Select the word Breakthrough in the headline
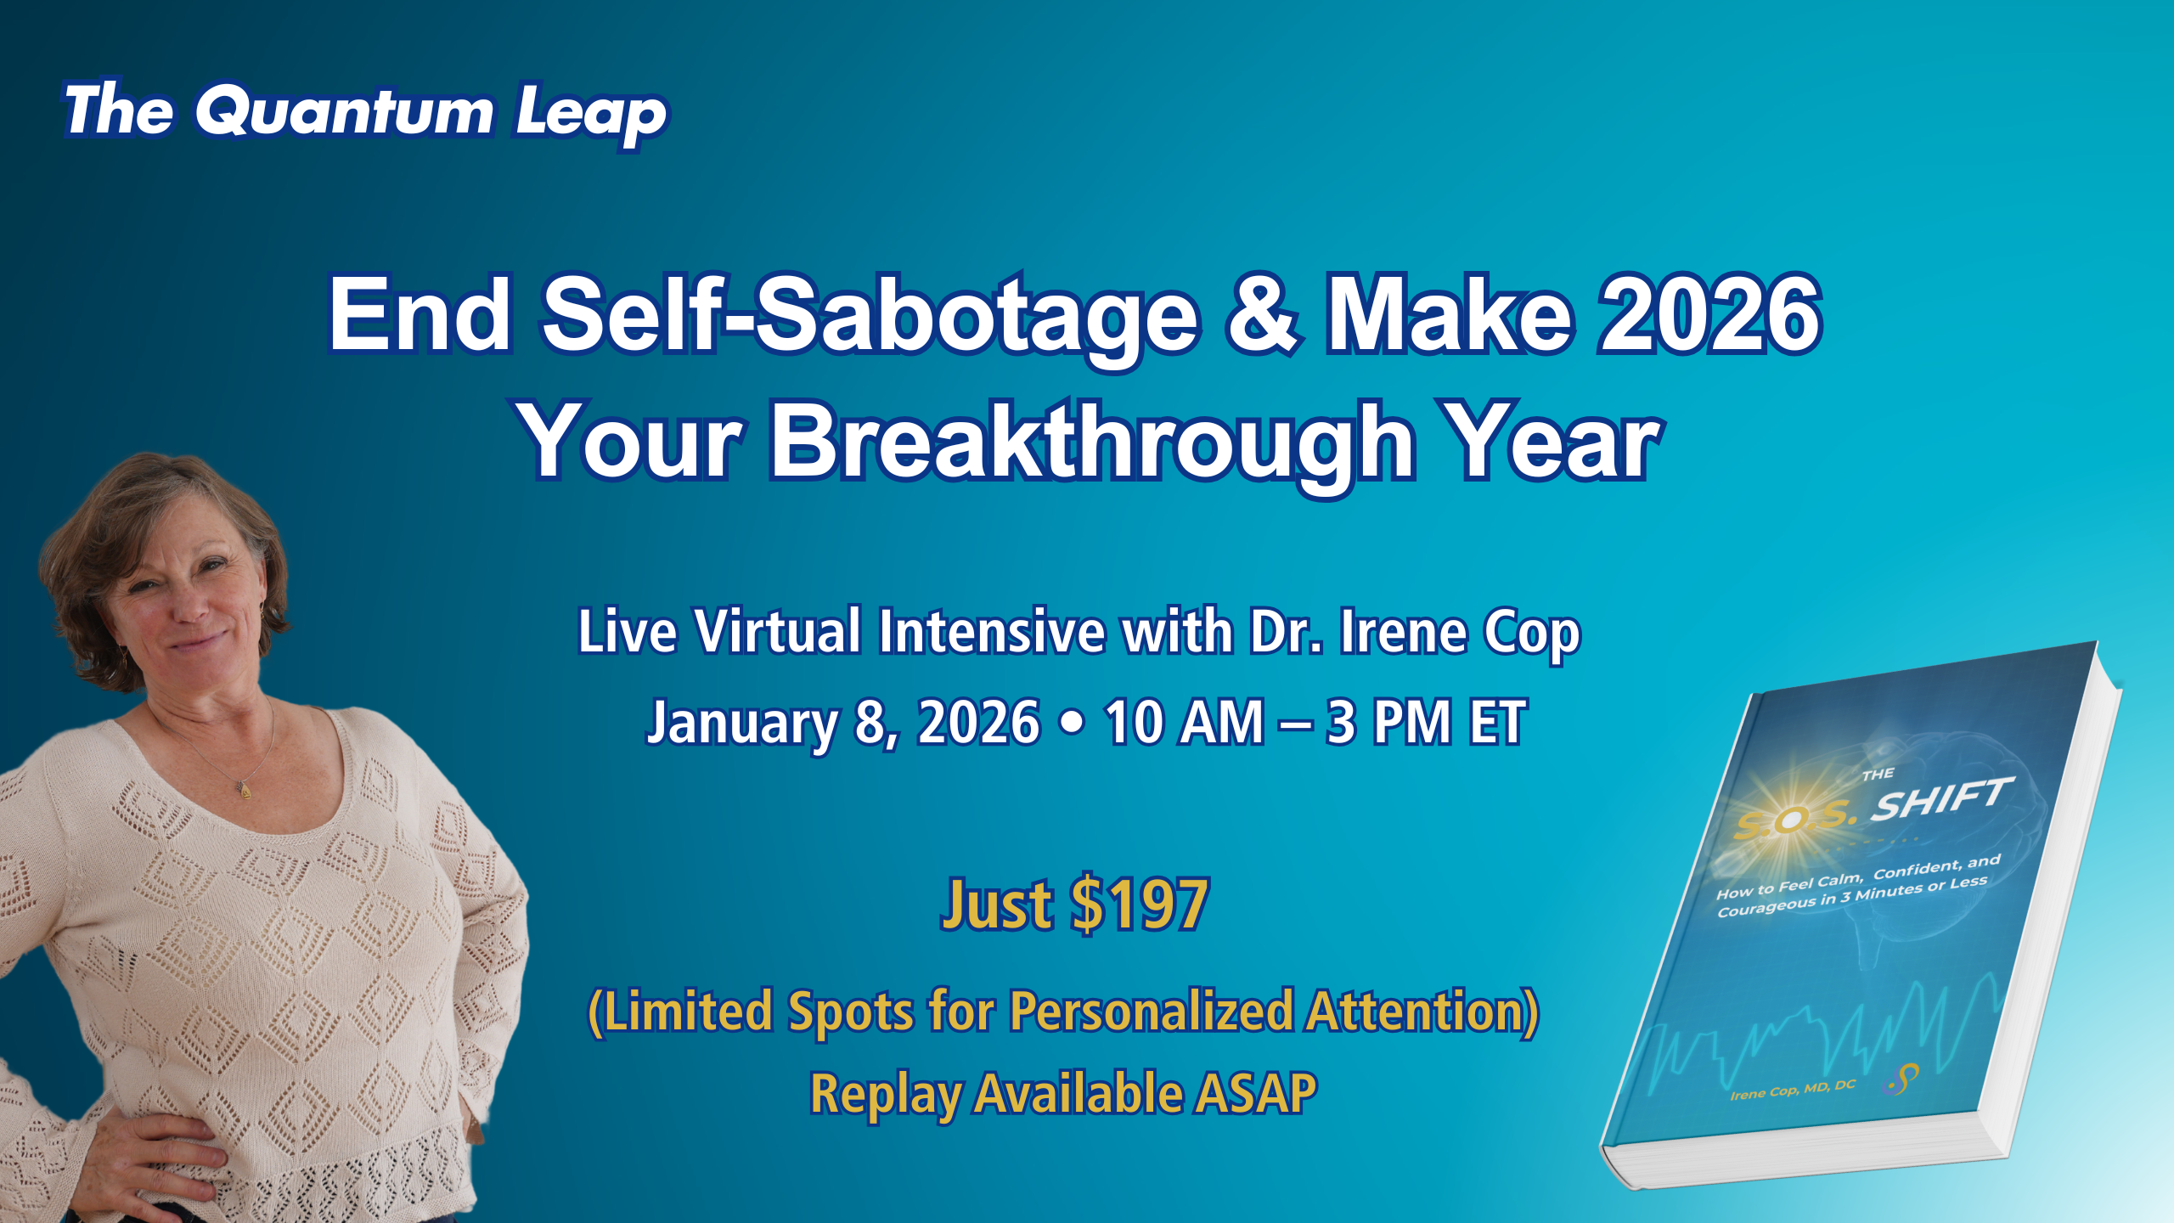click(1091, 443)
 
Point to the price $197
click(1140, 905)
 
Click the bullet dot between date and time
click(1073, 723)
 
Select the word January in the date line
click(742, 724)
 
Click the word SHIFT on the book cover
click(1941, 799)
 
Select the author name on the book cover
click(1793, 1090)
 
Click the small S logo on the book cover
click(1903, 1079)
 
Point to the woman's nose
click(188, 606)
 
